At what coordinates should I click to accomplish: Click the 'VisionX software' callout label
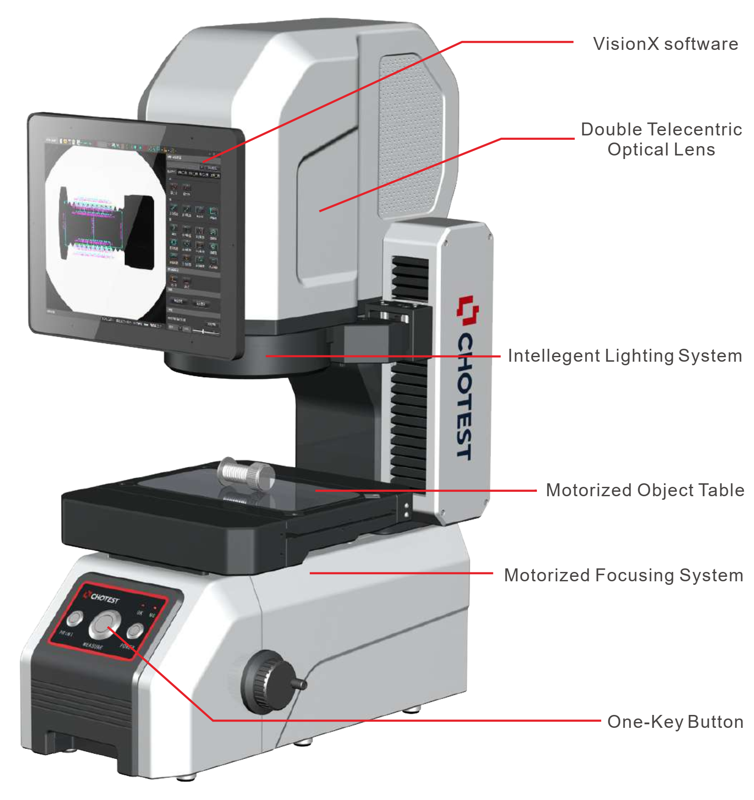coord(665,44)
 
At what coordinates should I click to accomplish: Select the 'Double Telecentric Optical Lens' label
coord(661,139)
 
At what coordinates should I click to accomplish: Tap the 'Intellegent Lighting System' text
coord(625,356)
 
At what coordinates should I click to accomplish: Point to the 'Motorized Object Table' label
coord(645,490)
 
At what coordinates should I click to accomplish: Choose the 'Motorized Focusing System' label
coord(623,575)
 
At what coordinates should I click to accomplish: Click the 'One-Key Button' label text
coord(675,722)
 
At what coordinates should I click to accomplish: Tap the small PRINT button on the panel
coord(75,618)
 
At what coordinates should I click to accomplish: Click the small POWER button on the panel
coord(135,631)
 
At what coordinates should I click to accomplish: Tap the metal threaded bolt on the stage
coord(246,475)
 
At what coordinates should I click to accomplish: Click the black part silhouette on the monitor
coord(139,232)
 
